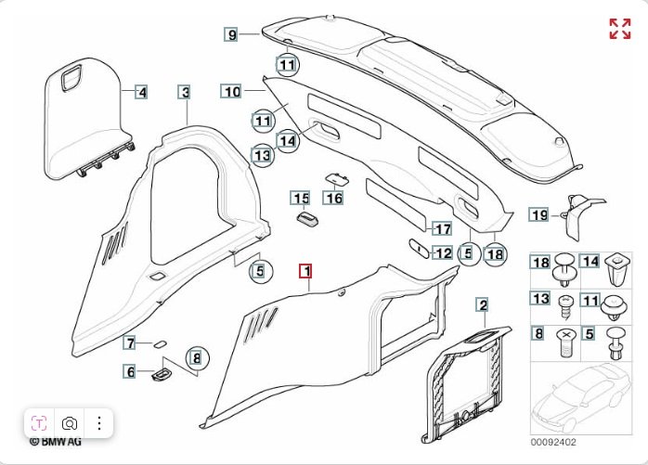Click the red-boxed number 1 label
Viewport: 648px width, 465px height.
(305, 271)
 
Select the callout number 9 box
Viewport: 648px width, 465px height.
(231, 35)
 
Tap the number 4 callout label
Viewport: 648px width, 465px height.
(141, 92)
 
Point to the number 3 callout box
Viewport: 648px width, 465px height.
(186, 92)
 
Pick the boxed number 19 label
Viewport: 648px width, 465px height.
(539, 215)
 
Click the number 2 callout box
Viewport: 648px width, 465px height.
(482, 304)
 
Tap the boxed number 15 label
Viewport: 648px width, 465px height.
(300, 198)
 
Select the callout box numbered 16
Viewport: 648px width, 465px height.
(333, 198)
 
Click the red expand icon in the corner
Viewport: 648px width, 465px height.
(619, 28)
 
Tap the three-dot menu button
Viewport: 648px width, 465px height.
(98, 422)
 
